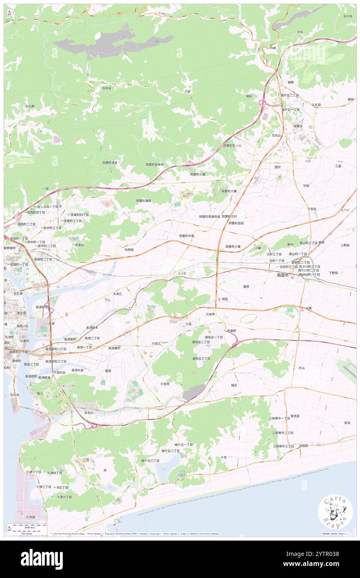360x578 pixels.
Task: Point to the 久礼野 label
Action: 30,106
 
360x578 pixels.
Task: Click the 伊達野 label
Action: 231,331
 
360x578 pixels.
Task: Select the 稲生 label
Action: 234,385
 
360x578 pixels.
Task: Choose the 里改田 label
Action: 295,416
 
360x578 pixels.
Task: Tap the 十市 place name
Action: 223,457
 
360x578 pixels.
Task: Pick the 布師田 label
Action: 129,249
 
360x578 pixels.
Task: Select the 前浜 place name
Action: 347,422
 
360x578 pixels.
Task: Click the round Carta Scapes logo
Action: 335,512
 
